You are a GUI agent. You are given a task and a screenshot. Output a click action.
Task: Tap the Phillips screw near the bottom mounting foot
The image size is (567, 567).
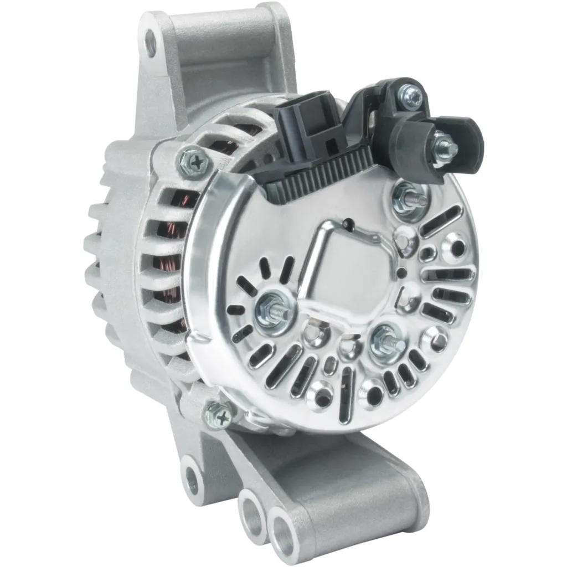pyautogui.click(x=218, y=414)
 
